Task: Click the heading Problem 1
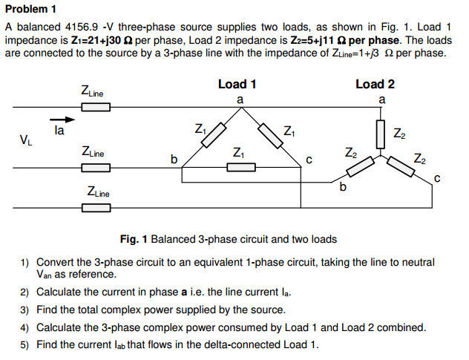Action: pos(31,10)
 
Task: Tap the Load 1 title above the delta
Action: pos(237,84)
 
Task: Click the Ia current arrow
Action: pos(63,119)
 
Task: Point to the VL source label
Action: pos(26,139)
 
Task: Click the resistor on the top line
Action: pos(96,108)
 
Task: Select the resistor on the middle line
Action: pos(96,168)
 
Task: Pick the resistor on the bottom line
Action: pos(96,207)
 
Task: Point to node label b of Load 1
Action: pos(174,159)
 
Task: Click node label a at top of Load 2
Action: pos(381,99)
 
